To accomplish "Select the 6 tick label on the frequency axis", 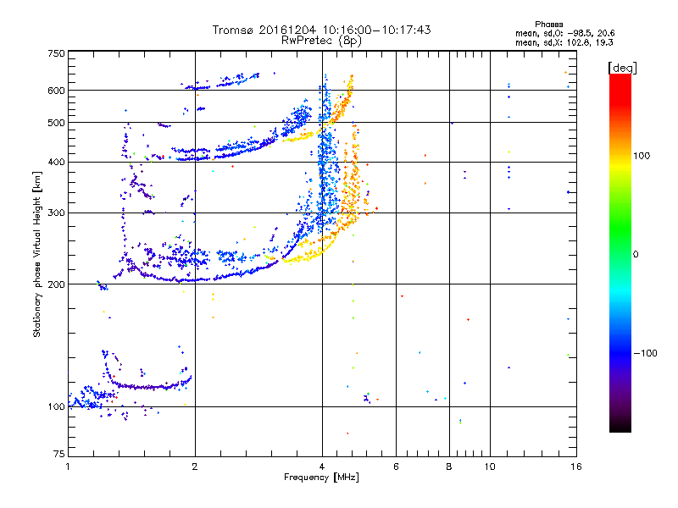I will coord(397,467).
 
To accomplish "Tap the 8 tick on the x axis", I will coord(449,467).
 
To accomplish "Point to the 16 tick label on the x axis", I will coord(575,467).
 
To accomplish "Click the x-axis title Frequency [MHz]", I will coord(321,478).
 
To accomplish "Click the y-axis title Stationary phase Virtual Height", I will coord(37,254).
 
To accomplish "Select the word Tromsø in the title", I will coord(235,30).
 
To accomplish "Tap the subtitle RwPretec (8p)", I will coord(321,40).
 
